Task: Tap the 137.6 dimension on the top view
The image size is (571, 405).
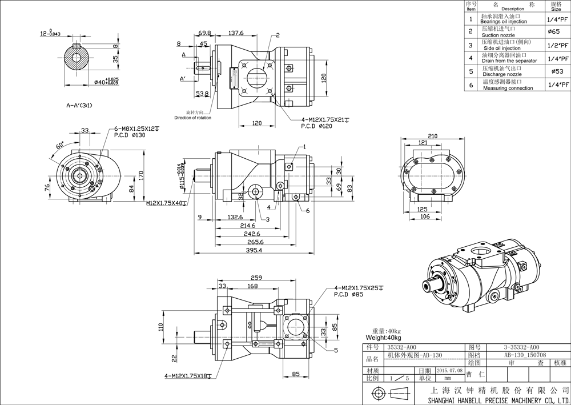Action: pos(236,34)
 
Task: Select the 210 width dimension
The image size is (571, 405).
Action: pos(432,136)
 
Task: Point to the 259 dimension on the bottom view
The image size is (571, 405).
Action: pos(256,278)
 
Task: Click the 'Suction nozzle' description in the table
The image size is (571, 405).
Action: pos(498,35)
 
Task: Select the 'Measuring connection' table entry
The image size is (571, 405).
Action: pos(507,88)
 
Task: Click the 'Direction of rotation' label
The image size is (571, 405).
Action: pos(193,118)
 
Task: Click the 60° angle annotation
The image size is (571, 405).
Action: pos(60,146)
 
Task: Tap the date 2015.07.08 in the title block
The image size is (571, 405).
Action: pos(450,370)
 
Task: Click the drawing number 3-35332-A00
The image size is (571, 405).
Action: pos(521,347)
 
